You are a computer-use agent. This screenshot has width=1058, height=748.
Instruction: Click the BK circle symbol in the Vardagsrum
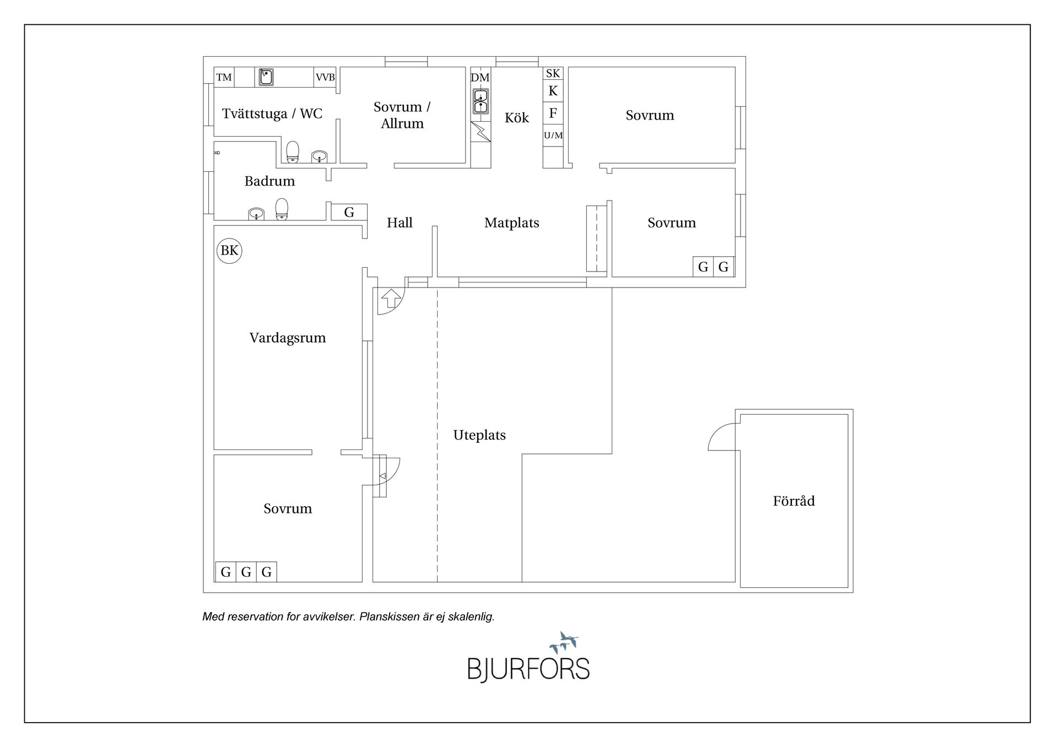(229, 251)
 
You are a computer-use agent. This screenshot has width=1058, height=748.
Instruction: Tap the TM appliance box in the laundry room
(224, 77)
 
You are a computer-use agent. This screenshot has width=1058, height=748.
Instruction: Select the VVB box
(325, 77)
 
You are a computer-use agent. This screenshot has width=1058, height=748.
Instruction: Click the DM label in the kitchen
(480, 78)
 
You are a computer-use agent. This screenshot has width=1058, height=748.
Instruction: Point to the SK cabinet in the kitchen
(553, 73)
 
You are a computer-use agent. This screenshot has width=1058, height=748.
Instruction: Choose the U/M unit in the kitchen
(553, 135)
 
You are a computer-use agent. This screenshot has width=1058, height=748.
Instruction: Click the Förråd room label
(793, 501)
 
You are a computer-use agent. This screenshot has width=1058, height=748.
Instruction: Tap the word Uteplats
(479, 435)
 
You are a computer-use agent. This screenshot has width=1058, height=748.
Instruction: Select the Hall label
(400, 223)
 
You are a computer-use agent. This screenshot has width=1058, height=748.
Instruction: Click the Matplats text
(511, 223)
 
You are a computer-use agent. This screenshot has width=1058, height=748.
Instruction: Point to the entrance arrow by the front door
(391, 298)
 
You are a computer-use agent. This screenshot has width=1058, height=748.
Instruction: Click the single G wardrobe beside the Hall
(349, 212)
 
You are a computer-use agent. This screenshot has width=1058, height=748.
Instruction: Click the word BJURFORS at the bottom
(528, 669)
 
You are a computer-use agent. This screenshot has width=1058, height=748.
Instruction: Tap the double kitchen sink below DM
(481, 102)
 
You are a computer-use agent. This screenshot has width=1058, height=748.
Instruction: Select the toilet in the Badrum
(282, 209)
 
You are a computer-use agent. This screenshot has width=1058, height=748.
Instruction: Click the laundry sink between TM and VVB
(266, 77)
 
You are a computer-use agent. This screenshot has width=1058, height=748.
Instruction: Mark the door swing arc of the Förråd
(719, 435)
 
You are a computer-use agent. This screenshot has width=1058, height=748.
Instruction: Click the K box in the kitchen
(553, 91)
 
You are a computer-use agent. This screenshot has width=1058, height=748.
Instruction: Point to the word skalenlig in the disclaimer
(471, 616)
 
